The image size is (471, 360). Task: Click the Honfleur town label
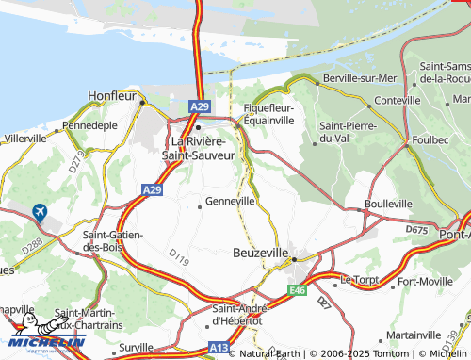tap(112, 95)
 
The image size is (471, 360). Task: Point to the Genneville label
tap(230, 202)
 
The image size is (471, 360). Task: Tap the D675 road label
tap(416, 229)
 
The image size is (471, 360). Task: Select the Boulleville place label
tap(388, 204)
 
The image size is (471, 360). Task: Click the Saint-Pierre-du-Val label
tap(348, 132)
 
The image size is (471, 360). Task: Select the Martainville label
tap(414, 335)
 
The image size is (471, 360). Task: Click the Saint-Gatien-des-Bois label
tap(112, 241)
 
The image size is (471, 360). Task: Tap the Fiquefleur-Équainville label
tap(269, 114)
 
